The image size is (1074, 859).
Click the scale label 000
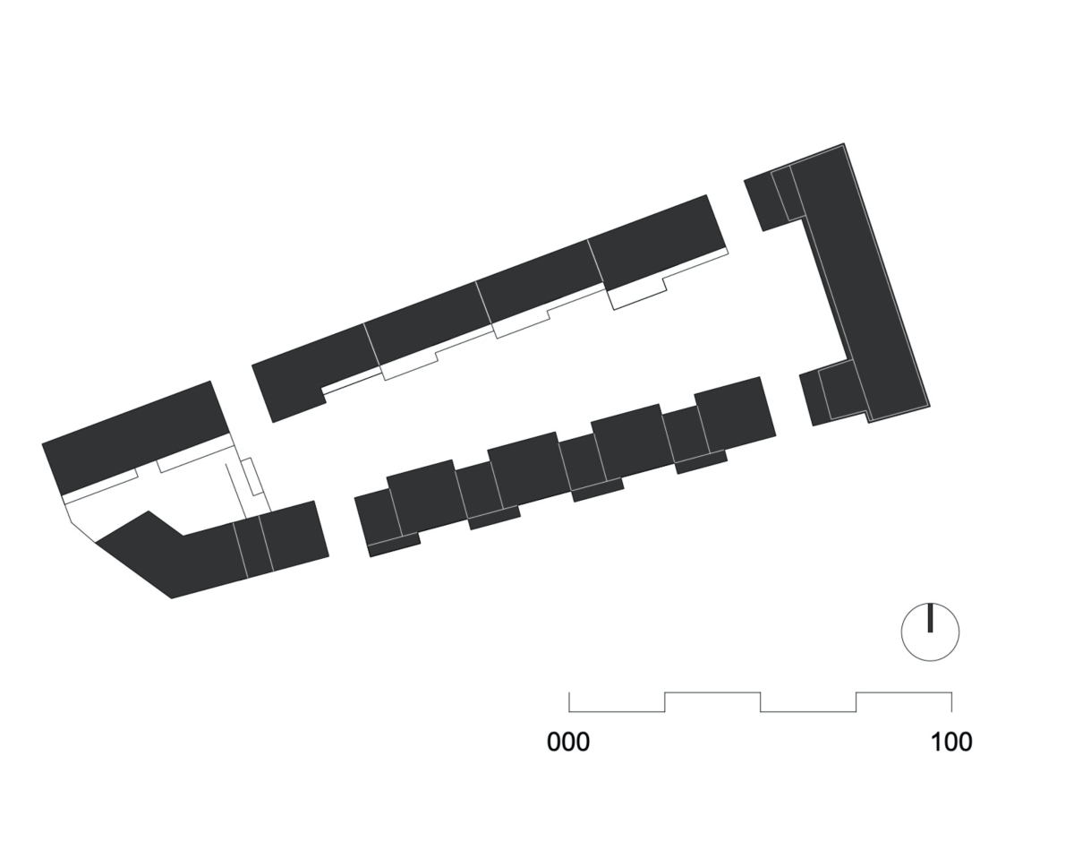568,742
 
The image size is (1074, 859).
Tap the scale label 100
951,742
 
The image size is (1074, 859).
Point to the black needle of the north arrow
930,618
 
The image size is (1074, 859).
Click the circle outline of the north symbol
901,632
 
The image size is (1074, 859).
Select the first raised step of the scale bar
712,692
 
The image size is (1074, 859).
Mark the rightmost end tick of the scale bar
951,701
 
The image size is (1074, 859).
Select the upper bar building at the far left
136,437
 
